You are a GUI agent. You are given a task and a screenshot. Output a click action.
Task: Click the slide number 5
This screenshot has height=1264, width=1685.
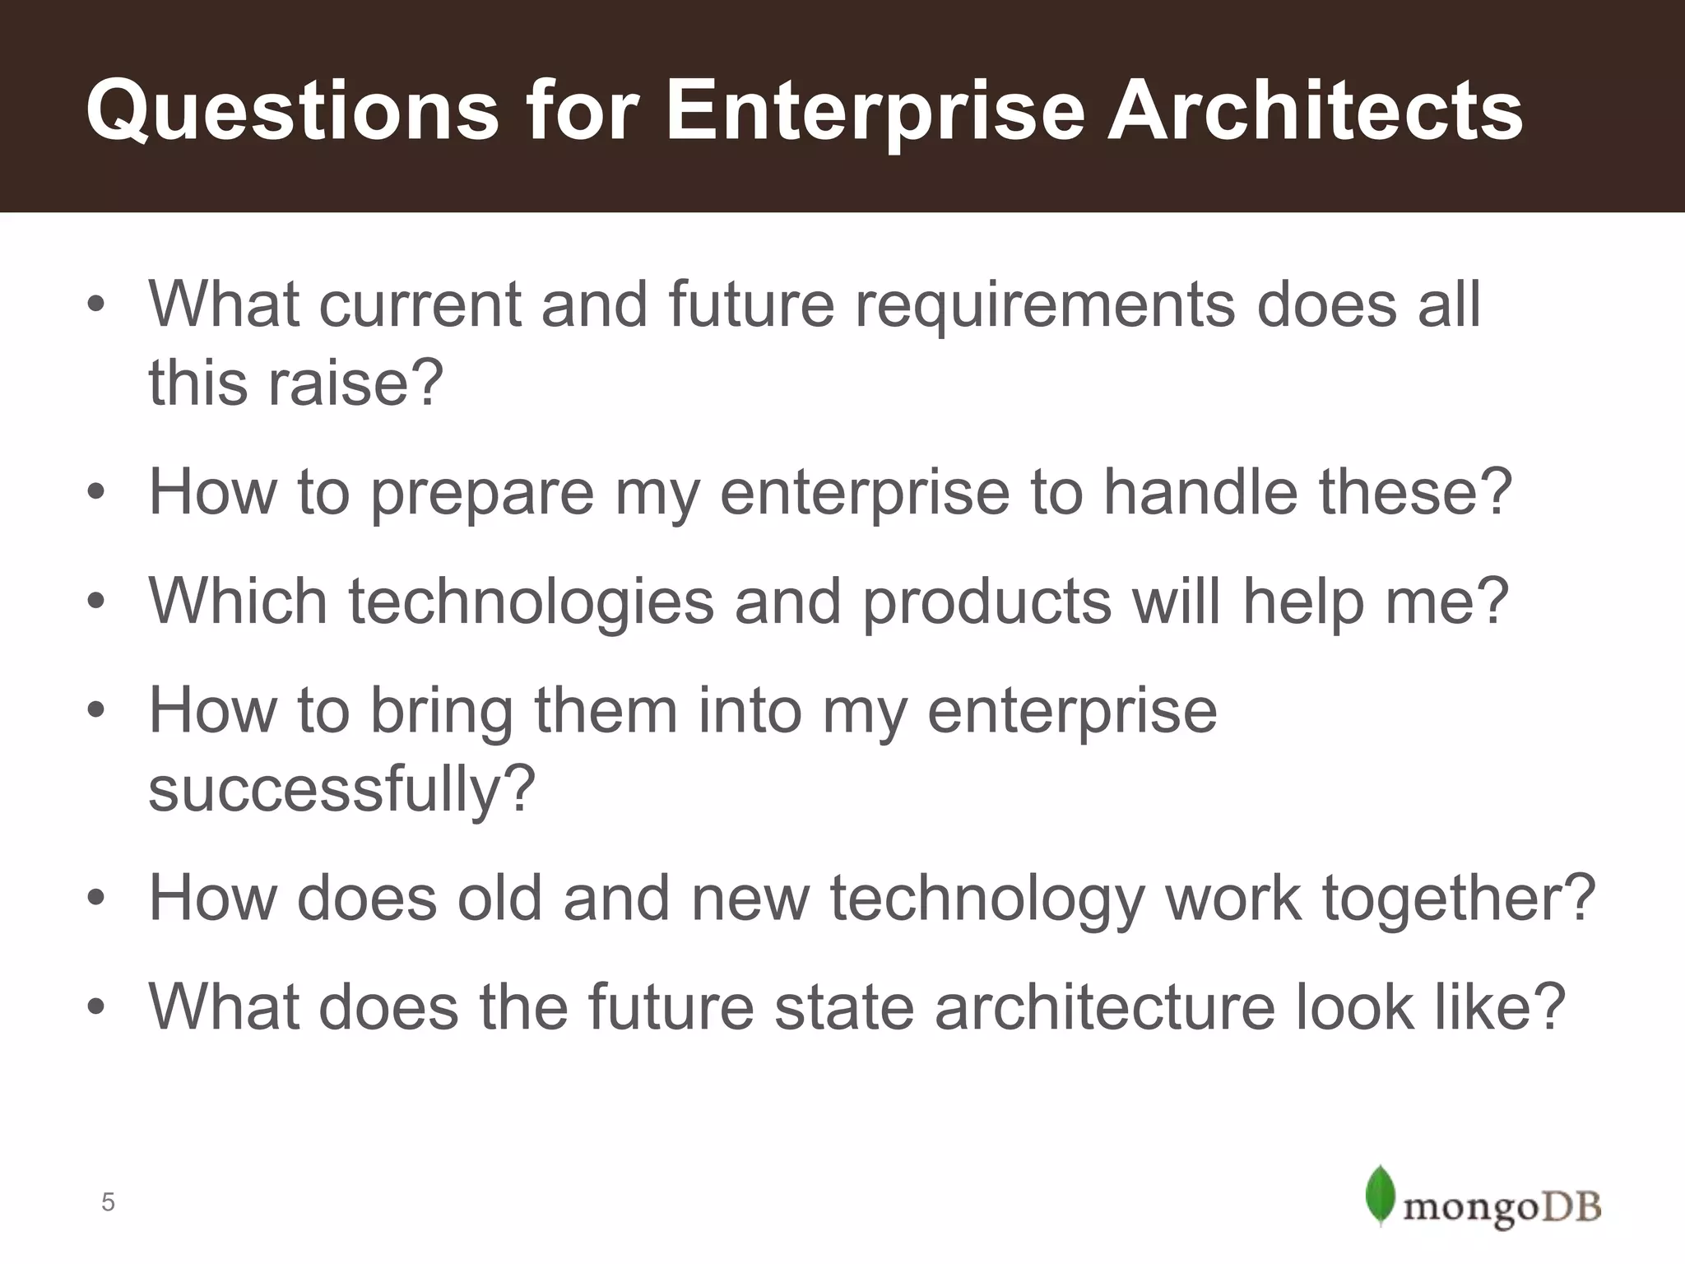click(108, 1202)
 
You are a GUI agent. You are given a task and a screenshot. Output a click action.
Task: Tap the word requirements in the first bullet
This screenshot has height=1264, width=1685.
click(1045, 304)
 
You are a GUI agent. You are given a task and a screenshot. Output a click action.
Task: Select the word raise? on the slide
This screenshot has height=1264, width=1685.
click(355, 383)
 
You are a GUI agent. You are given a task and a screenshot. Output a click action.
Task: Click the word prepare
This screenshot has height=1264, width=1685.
click(482, 493)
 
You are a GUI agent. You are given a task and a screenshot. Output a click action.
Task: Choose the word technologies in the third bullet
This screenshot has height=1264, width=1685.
click(531, 601)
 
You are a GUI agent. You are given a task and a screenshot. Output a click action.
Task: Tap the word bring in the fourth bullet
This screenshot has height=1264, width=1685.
click(441, 711)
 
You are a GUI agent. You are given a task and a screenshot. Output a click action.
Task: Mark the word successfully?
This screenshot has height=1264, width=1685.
click(341, 788)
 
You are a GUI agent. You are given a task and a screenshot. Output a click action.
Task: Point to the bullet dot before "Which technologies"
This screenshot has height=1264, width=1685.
click(96, 602)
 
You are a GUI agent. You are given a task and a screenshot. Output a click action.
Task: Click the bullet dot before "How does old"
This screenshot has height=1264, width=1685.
click(96, 898)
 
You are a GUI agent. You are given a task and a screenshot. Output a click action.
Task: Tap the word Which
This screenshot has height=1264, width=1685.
click(238, 601)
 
